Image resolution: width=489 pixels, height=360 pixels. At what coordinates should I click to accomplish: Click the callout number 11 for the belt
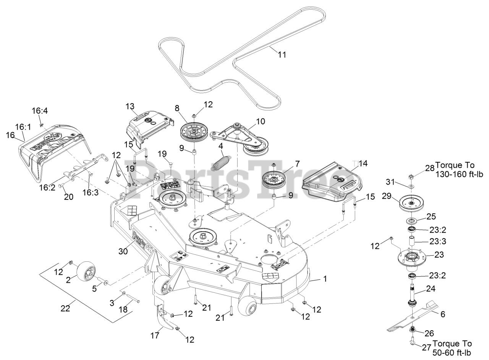(x=282, y=54)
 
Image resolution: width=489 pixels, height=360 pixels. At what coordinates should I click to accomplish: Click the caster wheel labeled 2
(x=86, y=272)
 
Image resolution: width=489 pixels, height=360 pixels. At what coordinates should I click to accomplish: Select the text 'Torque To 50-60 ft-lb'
(x=452, y=349)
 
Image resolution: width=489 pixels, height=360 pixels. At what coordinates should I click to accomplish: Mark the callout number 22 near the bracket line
(x=66, y=308)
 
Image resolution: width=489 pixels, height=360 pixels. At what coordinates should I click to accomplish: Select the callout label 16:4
(x=39, y=111)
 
